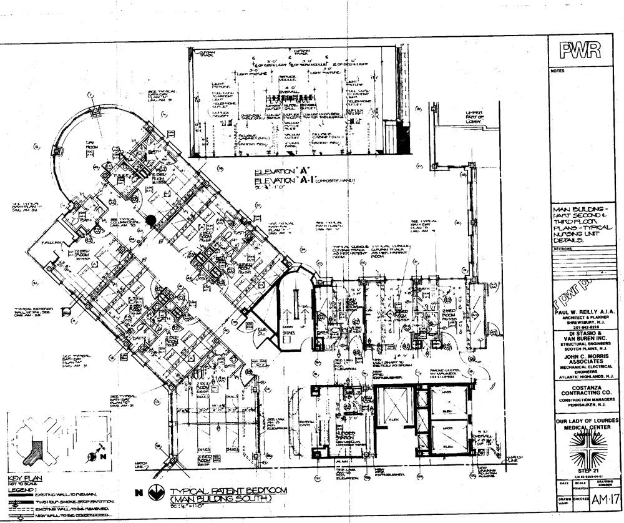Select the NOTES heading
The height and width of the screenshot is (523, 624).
[557, 71]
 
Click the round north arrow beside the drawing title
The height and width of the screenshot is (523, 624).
[159, 492]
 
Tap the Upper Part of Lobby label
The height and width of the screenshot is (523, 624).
[477, 116]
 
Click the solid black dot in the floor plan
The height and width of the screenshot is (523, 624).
[150, 220]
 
